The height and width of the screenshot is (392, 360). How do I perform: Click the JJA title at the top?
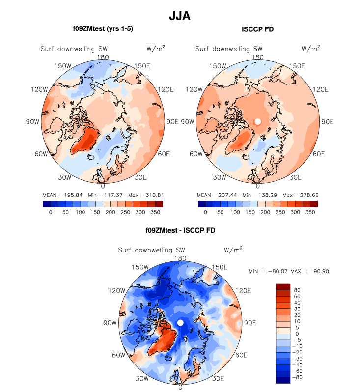180,16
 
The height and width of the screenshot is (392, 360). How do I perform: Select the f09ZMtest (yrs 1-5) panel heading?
103,29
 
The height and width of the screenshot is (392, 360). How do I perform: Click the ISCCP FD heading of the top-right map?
257,29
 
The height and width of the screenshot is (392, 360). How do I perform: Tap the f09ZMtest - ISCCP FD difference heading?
180,230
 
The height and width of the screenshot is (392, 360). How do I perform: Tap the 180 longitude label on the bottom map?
180,258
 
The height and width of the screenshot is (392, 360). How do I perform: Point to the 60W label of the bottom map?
119,355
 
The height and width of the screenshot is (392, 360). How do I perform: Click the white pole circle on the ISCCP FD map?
257,121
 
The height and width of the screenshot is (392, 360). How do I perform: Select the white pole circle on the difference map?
180,322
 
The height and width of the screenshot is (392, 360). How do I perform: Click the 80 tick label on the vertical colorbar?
297,290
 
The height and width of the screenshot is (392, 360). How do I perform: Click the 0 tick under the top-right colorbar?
205,213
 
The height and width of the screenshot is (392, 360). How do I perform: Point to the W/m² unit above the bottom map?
234,250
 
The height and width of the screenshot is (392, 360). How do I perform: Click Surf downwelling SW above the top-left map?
74,49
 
